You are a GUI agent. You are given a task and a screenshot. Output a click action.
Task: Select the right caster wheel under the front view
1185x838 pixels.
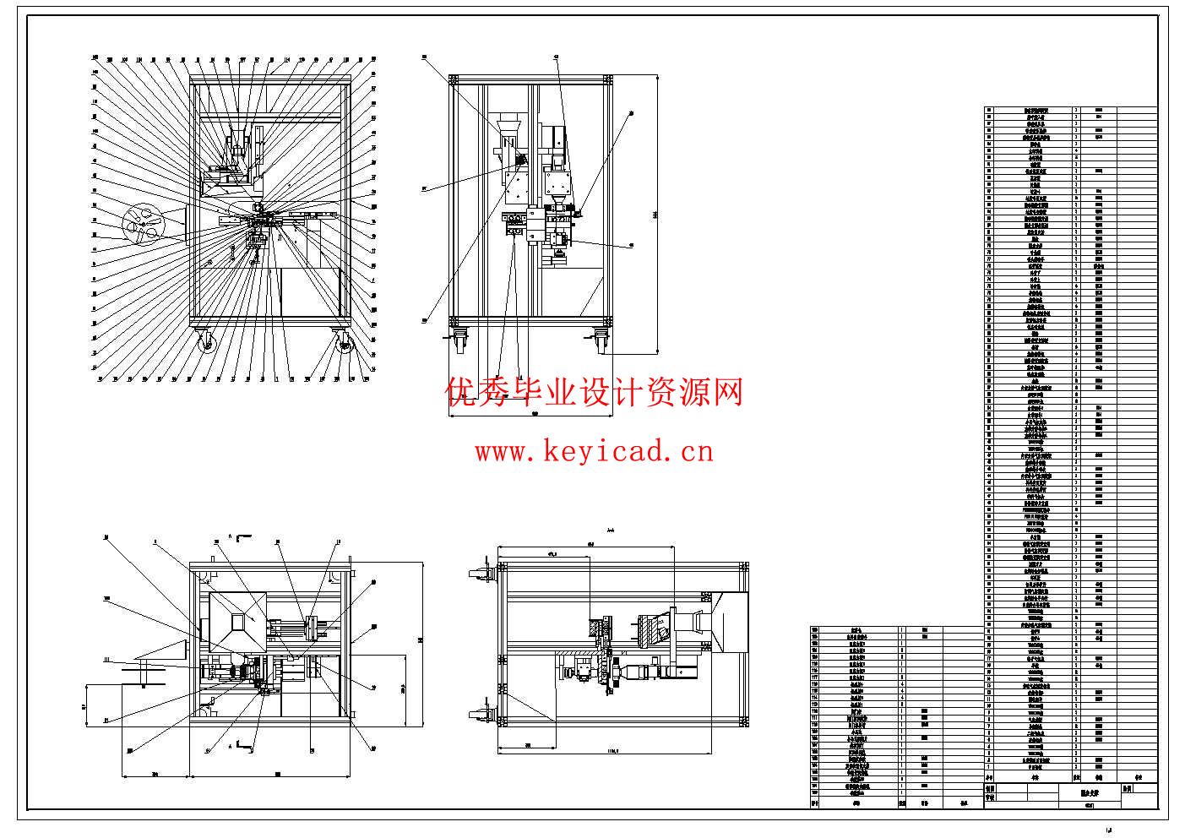click(345, 343)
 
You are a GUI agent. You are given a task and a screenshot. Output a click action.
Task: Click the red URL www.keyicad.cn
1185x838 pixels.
click(594, 452)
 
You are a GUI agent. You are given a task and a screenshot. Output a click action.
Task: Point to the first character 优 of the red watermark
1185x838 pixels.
click(463, 393)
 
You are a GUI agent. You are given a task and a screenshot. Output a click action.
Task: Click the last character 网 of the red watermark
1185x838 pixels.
click(727, 393)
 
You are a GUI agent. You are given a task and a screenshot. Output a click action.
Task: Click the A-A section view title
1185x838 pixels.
click(610, 531)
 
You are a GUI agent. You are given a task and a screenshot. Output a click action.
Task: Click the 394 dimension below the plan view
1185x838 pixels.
click(155, 772)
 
